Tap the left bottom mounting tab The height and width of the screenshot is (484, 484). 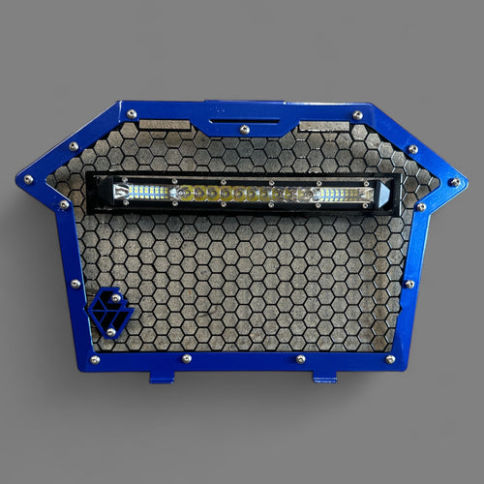162,376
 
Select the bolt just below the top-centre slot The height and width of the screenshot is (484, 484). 243,129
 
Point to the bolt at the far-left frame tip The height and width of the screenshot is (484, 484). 28,179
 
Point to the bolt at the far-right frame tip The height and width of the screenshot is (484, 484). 454,181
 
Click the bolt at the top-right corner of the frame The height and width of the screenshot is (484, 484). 357,115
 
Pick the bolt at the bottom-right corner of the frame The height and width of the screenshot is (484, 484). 390,359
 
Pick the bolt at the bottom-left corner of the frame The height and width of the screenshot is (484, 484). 94,359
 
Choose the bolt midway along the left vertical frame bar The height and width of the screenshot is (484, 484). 76,284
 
